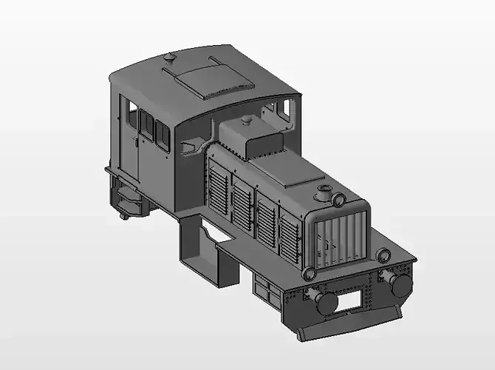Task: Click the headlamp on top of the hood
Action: click(x=338, y=201)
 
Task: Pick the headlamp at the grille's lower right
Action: click(x=383, y=256)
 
